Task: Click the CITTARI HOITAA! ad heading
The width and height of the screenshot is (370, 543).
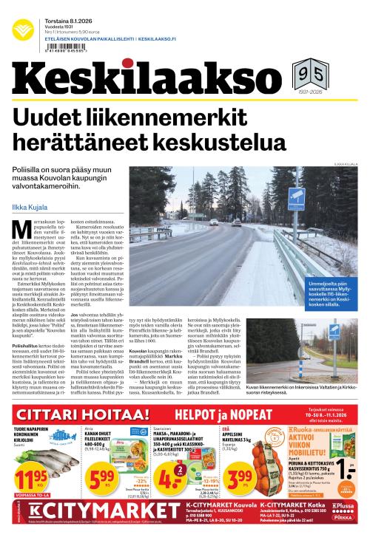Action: click(x=74, y=414)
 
